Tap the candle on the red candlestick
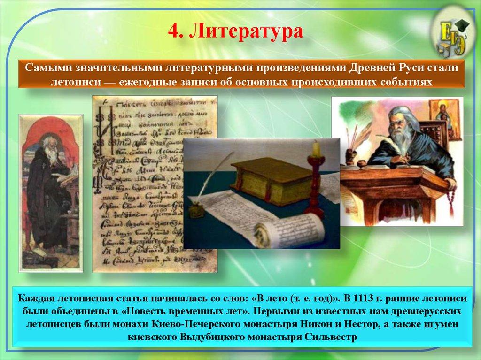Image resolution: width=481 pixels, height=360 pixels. click(316, 149)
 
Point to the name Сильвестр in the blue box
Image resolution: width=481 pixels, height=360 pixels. click(331, 337)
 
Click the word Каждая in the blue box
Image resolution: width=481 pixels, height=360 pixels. click(37, 299)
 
